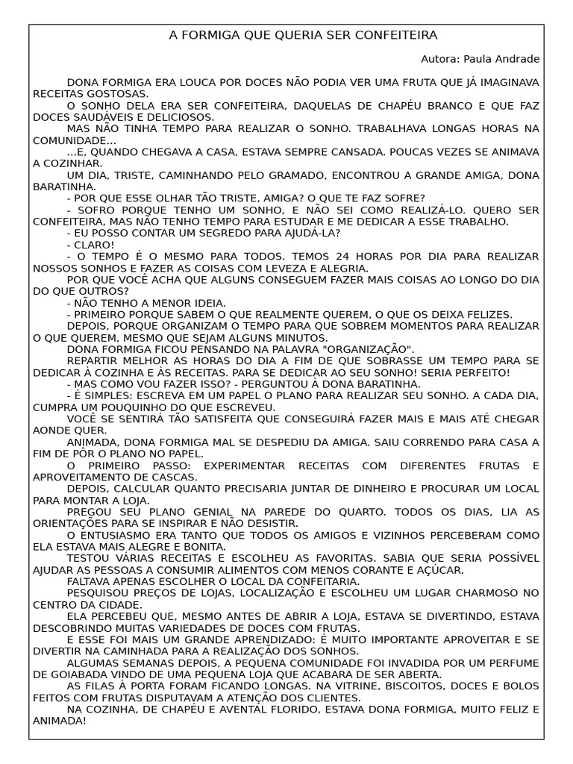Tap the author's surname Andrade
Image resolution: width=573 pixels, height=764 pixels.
click(514, 59)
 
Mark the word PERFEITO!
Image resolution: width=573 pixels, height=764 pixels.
click(480, 372)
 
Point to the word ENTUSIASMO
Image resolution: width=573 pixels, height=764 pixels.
click(116, 535)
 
